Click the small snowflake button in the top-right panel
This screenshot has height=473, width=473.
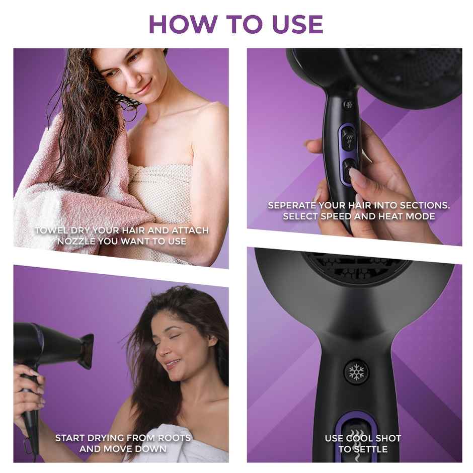[348, 105]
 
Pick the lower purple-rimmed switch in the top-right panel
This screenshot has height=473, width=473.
[348, 170]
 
